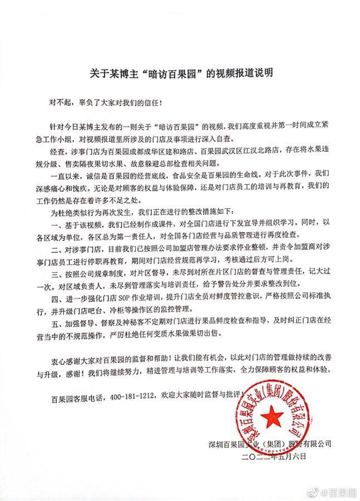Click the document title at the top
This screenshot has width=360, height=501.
tap(180, 72)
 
